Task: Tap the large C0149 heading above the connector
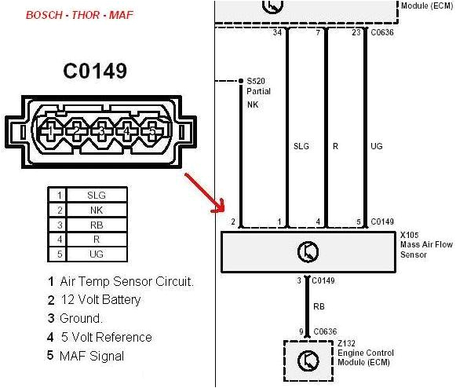click(95, 72)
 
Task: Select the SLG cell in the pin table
click(97, 195)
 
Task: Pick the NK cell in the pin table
click(97, 210)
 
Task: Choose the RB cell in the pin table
click(97, 225)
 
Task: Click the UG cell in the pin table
click(97, 254)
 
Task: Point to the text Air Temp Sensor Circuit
click(126, 280)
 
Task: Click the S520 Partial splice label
click(256, 85)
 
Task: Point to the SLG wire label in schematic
click(301, 146)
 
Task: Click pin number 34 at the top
click(276, 33)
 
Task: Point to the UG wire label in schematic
click(377, 146)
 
